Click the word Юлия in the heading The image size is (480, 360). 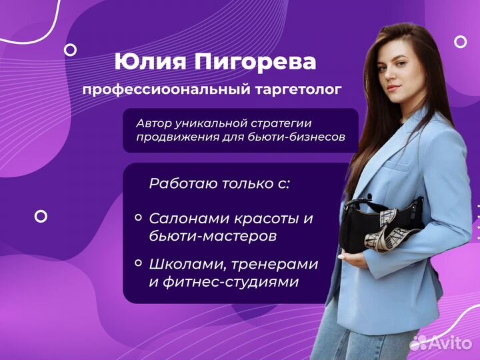[150, 61]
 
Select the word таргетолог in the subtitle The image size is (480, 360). [298, 90]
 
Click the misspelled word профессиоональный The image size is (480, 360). [167, 90]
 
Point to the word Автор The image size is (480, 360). [154, 124]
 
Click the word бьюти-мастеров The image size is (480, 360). [213, 236]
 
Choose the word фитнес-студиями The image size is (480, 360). [231, 281]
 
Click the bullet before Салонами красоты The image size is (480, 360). [139, 217]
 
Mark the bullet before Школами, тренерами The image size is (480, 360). [139, 263]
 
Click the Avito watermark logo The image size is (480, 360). [441, 343]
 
